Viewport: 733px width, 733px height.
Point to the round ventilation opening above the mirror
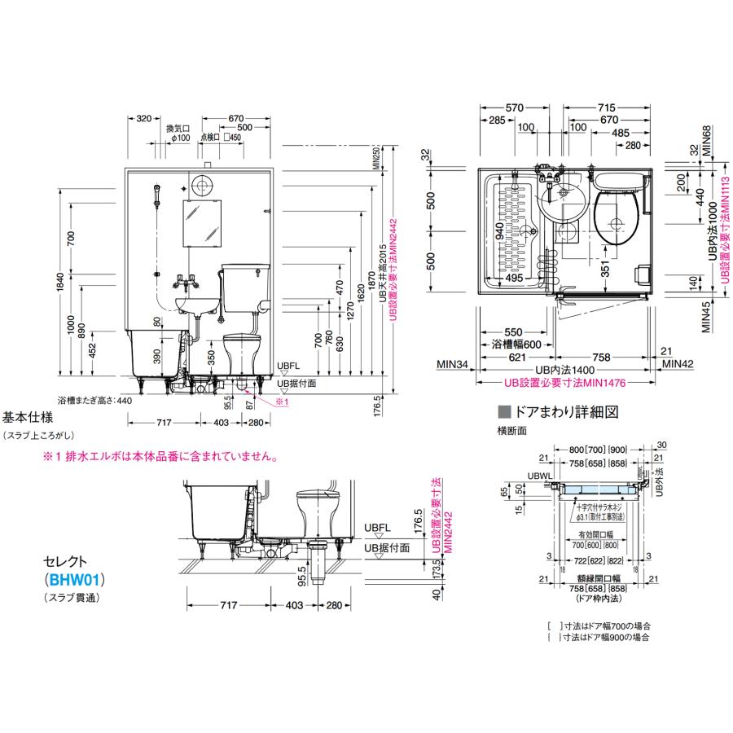pyautogui.click(x=204, y=183)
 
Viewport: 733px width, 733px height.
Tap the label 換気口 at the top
pyautogui.click(x=178, y=128)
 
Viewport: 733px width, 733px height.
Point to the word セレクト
pyautogui.click(x=64, y=563)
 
